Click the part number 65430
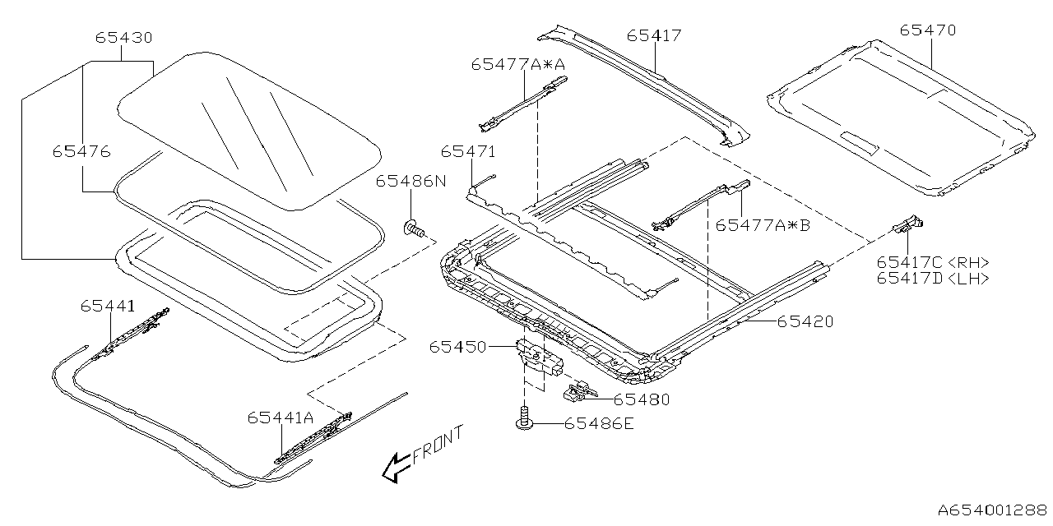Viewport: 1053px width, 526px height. point(123,38)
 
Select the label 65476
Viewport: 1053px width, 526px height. point(81,151)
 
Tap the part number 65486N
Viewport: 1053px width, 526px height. point(411,182)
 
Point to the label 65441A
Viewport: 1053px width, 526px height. point(281,418)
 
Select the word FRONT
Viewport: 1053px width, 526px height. point(438,444)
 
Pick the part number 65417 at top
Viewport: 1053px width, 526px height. point(654,35)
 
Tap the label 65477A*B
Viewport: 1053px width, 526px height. point(763,224)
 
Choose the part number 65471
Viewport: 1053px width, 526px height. point(467,152)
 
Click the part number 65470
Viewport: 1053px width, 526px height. point(927,30)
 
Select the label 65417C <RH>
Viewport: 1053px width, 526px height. point(932,262)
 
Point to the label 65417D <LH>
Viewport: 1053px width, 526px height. point(932,279)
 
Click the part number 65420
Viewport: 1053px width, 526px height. point(805,321)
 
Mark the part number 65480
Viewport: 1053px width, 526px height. point(642,399)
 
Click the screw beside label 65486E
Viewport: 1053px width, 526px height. point(523,421)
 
